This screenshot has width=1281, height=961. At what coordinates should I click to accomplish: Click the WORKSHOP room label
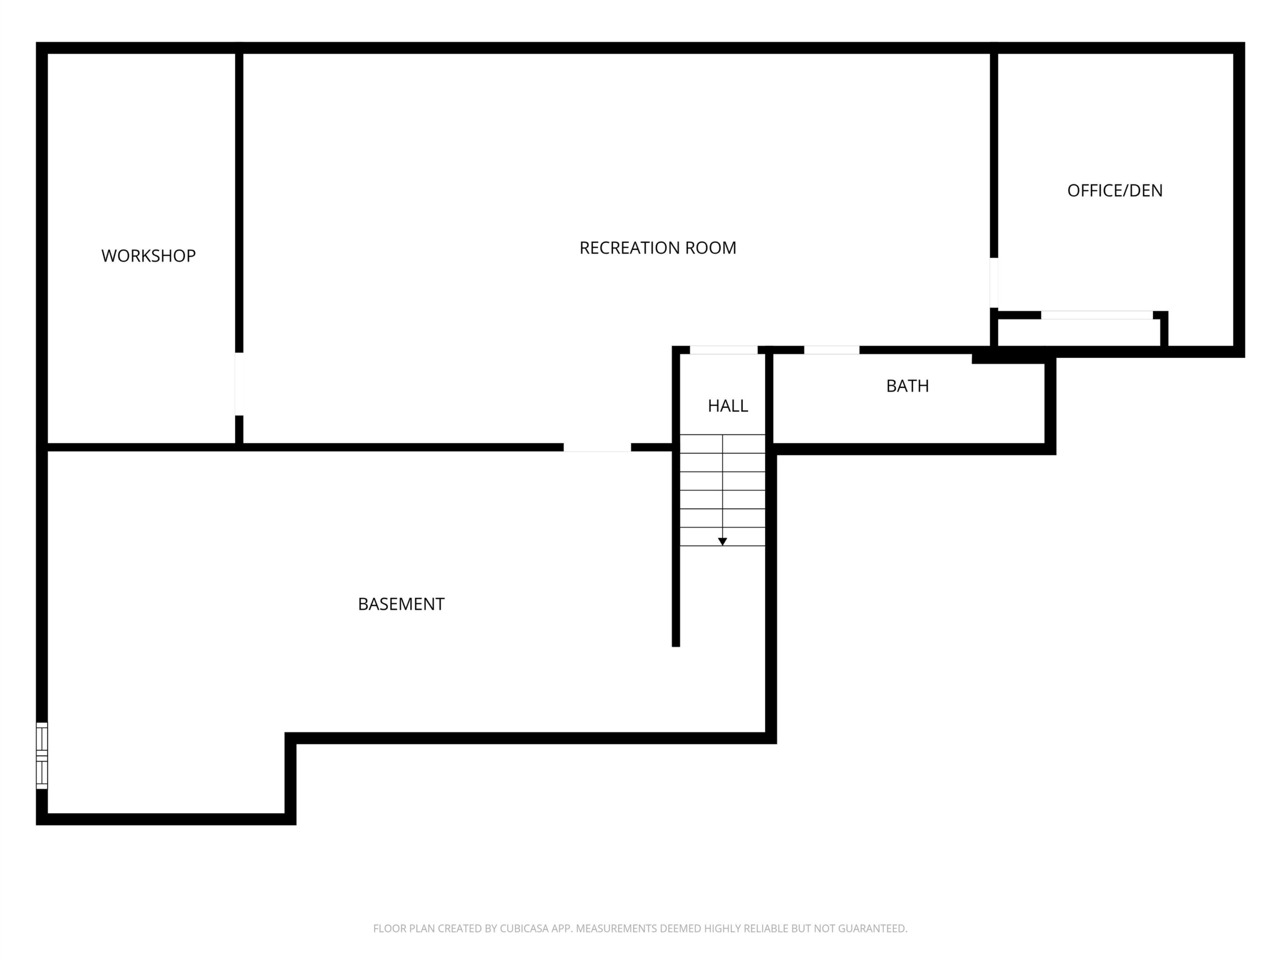[x=148, y=255]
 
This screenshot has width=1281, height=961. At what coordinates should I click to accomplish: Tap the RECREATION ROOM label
[x=658, y=248]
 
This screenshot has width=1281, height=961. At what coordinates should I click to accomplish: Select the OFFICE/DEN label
[x=1115, y=191]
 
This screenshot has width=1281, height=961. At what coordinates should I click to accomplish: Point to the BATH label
[x=908, y=386]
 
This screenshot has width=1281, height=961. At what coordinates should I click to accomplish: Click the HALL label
[x=728, y=405]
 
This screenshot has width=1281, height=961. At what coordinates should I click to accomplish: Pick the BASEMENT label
[x=401, y=604]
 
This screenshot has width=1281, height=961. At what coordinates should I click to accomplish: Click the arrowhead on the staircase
[x=722, y=542]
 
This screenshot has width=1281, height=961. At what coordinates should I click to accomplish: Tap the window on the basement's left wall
[x=42, y=755]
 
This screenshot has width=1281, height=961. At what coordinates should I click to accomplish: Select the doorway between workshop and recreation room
[x=239, y=384]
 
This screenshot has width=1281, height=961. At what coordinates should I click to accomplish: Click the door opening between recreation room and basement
[x=597, y=447]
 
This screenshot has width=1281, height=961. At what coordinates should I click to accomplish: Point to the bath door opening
[x=832, y=350]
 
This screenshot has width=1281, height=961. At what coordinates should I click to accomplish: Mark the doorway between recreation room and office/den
[x=994, y=283]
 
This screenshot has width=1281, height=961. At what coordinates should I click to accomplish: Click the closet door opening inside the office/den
[x=1097, y=315]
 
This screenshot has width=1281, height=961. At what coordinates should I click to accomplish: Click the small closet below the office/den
[x=1079, y=332]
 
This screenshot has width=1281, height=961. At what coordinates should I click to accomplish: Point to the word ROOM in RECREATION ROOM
[x=711, y=248]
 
